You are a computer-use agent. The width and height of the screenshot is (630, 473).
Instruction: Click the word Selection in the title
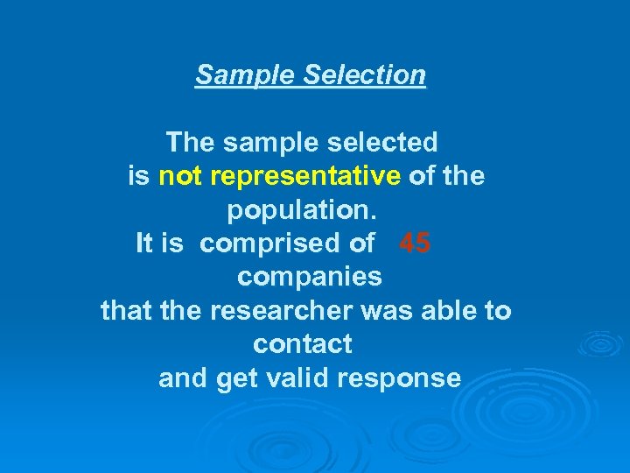[x=364, y=74]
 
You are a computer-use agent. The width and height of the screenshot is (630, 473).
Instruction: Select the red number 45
[x=414, y=243]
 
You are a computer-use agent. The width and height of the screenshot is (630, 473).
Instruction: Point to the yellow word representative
[x=305, y=176]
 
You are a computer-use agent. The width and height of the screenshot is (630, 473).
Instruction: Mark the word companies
[x=310, y=277]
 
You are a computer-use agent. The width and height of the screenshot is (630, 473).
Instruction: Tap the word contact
[x=302, y=344]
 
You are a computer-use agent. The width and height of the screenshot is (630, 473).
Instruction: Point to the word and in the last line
[x=182, y=378]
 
